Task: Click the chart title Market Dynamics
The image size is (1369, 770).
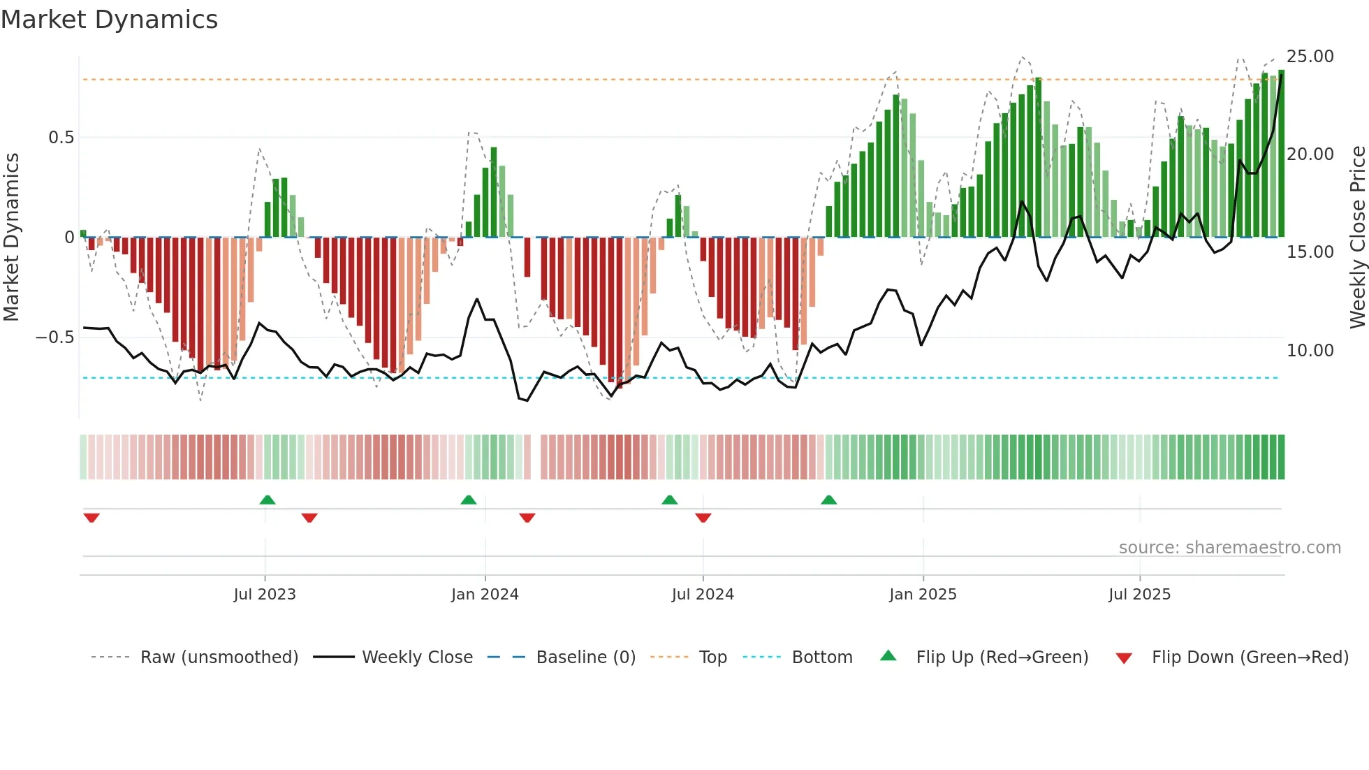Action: [x=109, y=20]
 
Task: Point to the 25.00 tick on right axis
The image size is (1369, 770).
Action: [x=1310, y=57]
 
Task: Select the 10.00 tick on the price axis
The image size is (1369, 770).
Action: [x=1310, y=351]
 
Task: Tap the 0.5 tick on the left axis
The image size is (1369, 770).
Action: [x=61, y=138]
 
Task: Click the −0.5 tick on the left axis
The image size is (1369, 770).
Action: [x=55, y=337]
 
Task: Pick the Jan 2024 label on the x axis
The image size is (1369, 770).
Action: [x=485, y=595]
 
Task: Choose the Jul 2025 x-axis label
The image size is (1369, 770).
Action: [x=1139, y=595]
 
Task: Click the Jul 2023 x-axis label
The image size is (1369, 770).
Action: [x=265, y=595]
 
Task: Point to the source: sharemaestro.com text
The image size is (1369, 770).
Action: [x=1229, y=548]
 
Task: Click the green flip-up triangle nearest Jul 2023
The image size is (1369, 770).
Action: [x=268, y=500]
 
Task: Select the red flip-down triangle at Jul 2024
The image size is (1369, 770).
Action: [x=703, y=517]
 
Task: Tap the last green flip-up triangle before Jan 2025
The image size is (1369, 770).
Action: [x=829, y=500]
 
